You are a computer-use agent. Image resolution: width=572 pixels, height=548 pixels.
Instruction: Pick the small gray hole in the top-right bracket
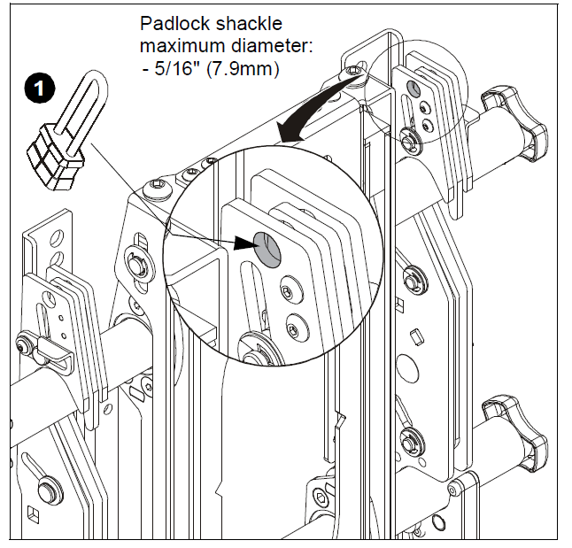413,88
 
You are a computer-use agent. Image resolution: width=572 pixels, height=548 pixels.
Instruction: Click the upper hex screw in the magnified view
285,292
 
